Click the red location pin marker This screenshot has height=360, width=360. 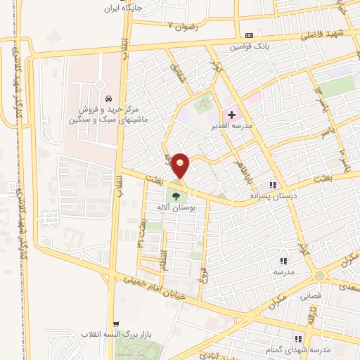click(x=181, y=166)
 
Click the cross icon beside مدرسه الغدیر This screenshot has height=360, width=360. click(x=232, y=115)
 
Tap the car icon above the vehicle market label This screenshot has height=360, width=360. click(x=108, y=98)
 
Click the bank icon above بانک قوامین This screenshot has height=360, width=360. click(x=249, y=35)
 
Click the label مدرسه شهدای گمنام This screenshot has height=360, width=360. click(x=319, y=350)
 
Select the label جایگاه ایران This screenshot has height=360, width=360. click(x=122, y=8)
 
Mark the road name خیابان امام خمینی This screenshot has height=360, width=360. click(x=154, y=288)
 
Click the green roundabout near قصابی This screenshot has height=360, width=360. click(x=320, y=275)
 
